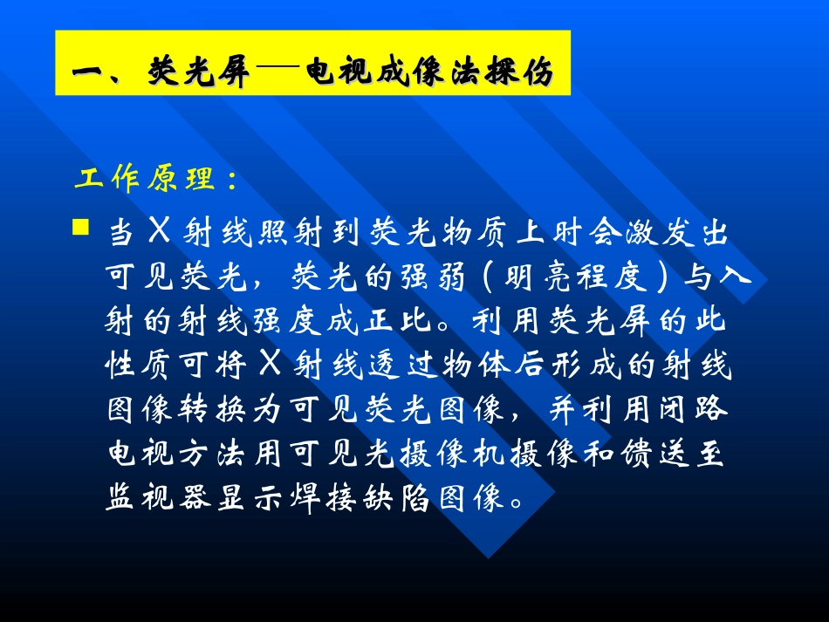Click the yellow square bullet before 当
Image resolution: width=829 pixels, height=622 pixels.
[80, 229]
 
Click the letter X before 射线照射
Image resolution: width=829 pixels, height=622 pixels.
[158, 233]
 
